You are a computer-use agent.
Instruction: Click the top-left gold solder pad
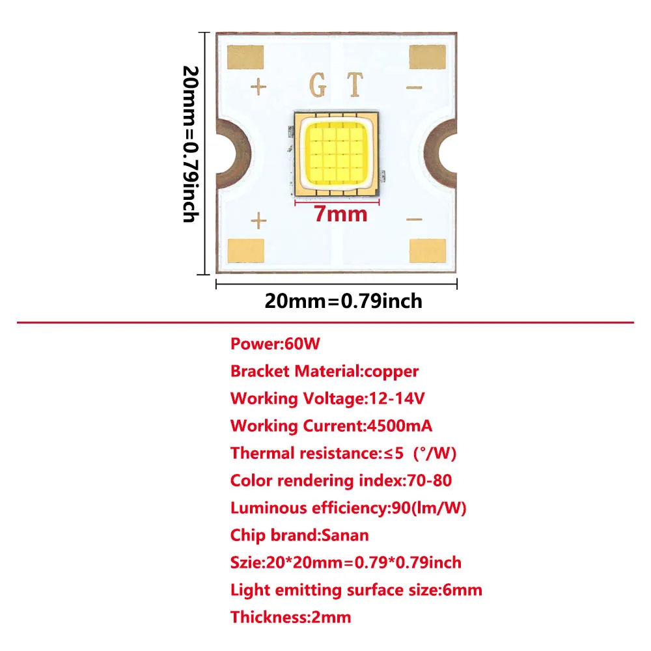point(245,56)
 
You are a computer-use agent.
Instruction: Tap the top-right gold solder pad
point(428,56)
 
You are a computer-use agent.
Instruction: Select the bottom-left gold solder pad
point(245,251)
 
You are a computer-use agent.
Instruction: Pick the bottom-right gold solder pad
point(428,251)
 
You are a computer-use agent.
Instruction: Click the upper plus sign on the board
point(259,87)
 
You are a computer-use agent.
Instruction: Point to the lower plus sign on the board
point(259,221)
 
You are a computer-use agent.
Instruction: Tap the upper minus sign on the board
point(414,87)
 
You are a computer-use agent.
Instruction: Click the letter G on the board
point(318,85)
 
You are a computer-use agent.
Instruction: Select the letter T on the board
point(354,85)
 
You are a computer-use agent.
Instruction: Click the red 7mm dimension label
point(340,214)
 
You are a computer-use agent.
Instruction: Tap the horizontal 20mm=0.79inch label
point(343,301)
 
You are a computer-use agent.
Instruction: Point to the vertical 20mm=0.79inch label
point(189,144)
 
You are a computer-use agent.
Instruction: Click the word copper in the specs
point(391,371)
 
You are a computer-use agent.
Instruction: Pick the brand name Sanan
point(345,535)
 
